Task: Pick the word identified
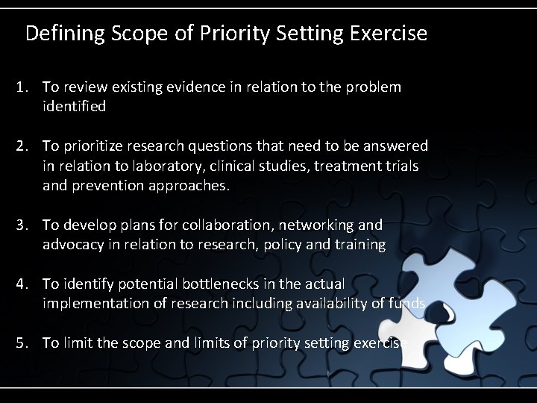pos(74,107)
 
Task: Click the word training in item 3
pos(361,244)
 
